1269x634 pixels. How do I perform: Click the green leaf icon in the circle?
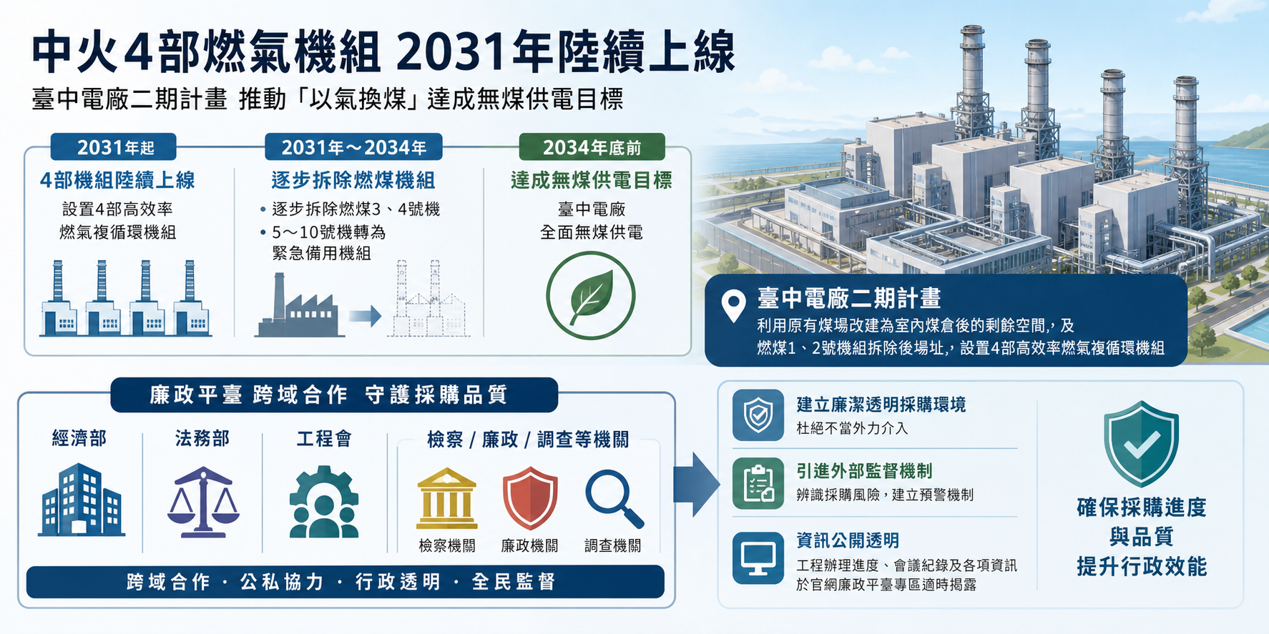point(591,295)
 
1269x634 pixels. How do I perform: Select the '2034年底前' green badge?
point(592,147)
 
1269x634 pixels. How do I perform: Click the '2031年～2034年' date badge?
point(353,147)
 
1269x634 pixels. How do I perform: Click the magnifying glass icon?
point(614,500)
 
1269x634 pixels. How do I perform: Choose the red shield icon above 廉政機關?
point(529,497)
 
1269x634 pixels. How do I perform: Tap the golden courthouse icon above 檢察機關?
point(447,498)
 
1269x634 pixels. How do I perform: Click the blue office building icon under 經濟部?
point(81,500)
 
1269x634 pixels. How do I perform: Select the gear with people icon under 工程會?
point(324,502)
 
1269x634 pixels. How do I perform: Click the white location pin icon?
point(733,307)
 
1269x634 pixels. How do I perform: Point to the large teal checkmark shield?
point(1141,443)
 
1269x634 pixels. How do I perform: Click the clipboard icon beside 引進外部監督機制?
point(758,483)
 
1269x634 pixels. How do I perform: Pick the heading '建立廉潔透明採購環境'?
point(881,405)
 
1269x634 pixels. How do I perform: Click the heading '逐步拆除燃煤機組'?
point(353,180)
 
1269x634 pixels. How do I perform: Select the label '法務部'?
point(202,438)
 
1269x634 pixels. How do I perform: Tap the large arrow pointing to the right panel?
point(696,484)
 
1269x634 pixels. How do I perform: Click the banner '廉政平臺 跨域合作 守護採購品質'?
point(334,395)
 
